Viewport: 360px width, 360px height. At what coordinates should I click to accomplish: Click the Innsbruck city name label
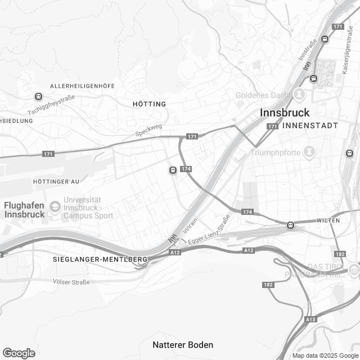(x=285, y=112)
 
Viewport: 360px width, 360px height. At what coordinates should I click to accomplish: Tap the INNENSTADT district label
(x=310, y=125)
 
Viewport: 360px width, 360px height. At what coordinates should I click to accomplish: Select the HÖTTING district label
(x=150, y=104)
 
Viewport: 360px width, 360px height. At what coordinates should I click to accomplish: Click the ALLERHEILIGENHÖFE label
(x=83, y=85)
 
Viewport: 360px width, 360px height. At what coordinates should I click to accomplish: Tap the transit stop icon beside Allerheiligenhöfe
(x=38, y=96)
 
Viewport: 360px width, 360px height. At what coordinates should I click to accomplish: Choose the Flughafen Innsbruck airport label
(x=24, y=210)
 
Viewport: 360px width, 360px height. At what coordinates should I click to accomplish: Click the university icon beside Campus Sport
(x=54, y=206)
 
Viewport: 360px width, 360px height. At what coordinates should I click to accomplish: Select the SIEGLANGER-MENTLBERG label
(x=100, y=259)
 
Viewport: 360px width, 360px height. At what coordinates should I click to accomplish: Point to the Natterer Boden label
(x=183, y=344)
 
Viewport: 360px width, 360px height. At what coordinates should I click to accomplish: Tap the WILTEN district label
(x=328, y=220)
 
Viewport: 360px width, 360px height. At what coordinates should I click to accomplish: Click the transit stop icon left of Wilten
(x=290, y=225)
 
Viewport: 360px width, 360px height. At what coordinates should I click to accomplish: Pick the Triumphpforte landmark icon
(x=309, y=151)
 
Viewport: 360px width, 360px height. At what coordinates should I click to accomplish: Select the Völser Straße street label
(x=71, y=281)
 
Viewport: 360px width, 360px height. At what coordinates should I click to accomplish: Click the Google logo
(x=19, y=353)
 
